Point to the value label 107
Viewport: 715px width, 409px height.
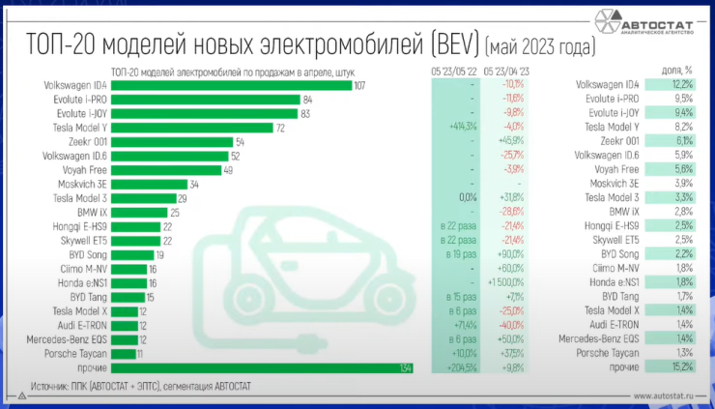(x=359, y=86)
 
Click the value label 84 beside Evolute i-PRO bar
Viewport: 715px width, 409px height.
(x=307, y=100)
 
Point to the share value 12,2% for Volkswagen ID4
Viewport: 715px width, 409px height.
(x=681, y=86)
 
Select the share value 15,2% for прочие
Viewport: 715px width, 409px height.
(x=681, y=368)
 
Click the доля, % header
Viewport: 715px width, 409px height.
(x=678, y=71)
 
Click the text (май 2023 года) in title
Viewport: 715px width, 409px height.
(x=539, y=45)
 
